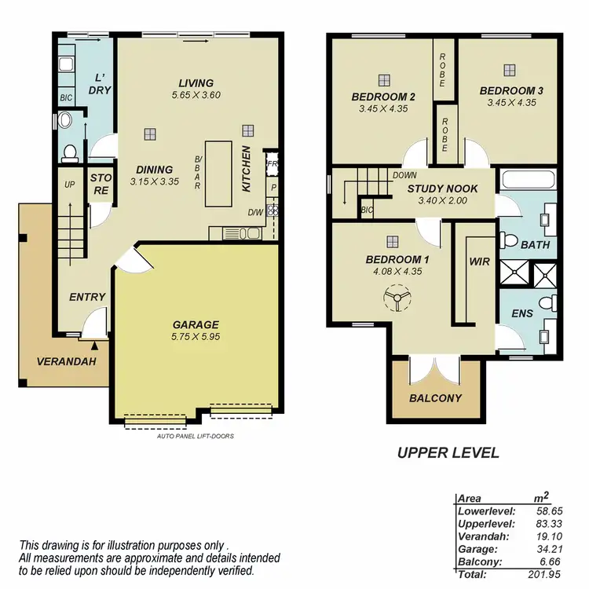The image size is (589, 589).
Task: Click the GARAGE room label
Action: pos(196,324)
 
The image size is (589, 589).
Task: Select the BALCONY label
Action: pos(435,398)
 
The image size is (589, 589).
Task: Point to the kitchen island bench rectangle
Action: pos(219,173)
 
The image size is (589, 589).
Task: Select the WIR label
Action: pos(479,262)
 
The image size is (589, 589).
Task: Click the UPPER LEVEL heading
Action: pos(448,453)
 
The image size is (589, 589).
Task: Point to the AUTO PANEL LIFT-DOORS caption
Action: pos(195,436)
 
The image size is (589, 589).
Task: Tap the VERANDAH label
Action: pos(66,362)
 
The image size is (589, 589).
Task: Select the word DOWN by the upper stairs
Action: pos(405,176)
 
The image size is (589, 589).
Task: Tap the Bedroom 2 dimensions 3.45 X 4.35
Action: pos(383,109)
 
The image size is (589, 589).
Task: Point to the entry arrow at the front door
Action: pos(95,343)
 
